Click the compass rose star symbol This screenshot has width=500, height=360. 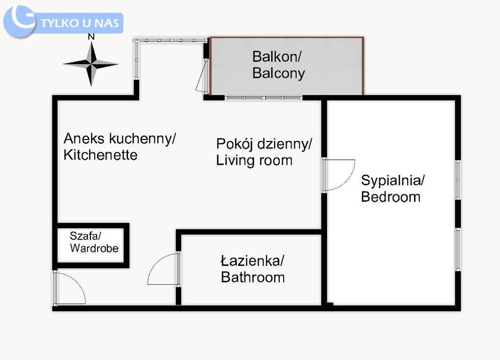click(x=91, y=64)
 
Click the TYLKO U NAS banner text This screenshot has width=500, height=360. click(x=80, y=23)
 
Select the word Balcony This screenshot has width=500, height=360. click(x=278, y=74)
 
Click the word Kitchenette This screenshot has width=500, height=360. click(x=100, y=155)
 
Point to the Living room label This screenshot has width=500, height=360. click(x=254, y=160)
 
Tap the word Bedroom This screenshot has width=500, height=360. click(x=390, y=197)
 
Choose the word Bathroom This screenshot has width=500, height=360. click(x=252, y=278)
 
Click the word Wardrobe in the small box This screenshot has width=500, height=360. click(x=94, y=248)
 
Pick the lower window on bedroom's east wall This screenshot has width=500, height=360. click(x=458, y=249)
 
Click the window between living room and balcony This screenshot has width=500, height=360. click(x=263, y=98)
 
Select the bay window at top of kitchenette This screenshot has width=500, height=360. click(x=171, y=40)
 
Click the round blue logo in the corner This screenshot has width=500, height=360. click(x=20, y=21)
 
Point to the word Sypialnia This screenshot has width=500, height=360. click(x=393, y=180)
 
